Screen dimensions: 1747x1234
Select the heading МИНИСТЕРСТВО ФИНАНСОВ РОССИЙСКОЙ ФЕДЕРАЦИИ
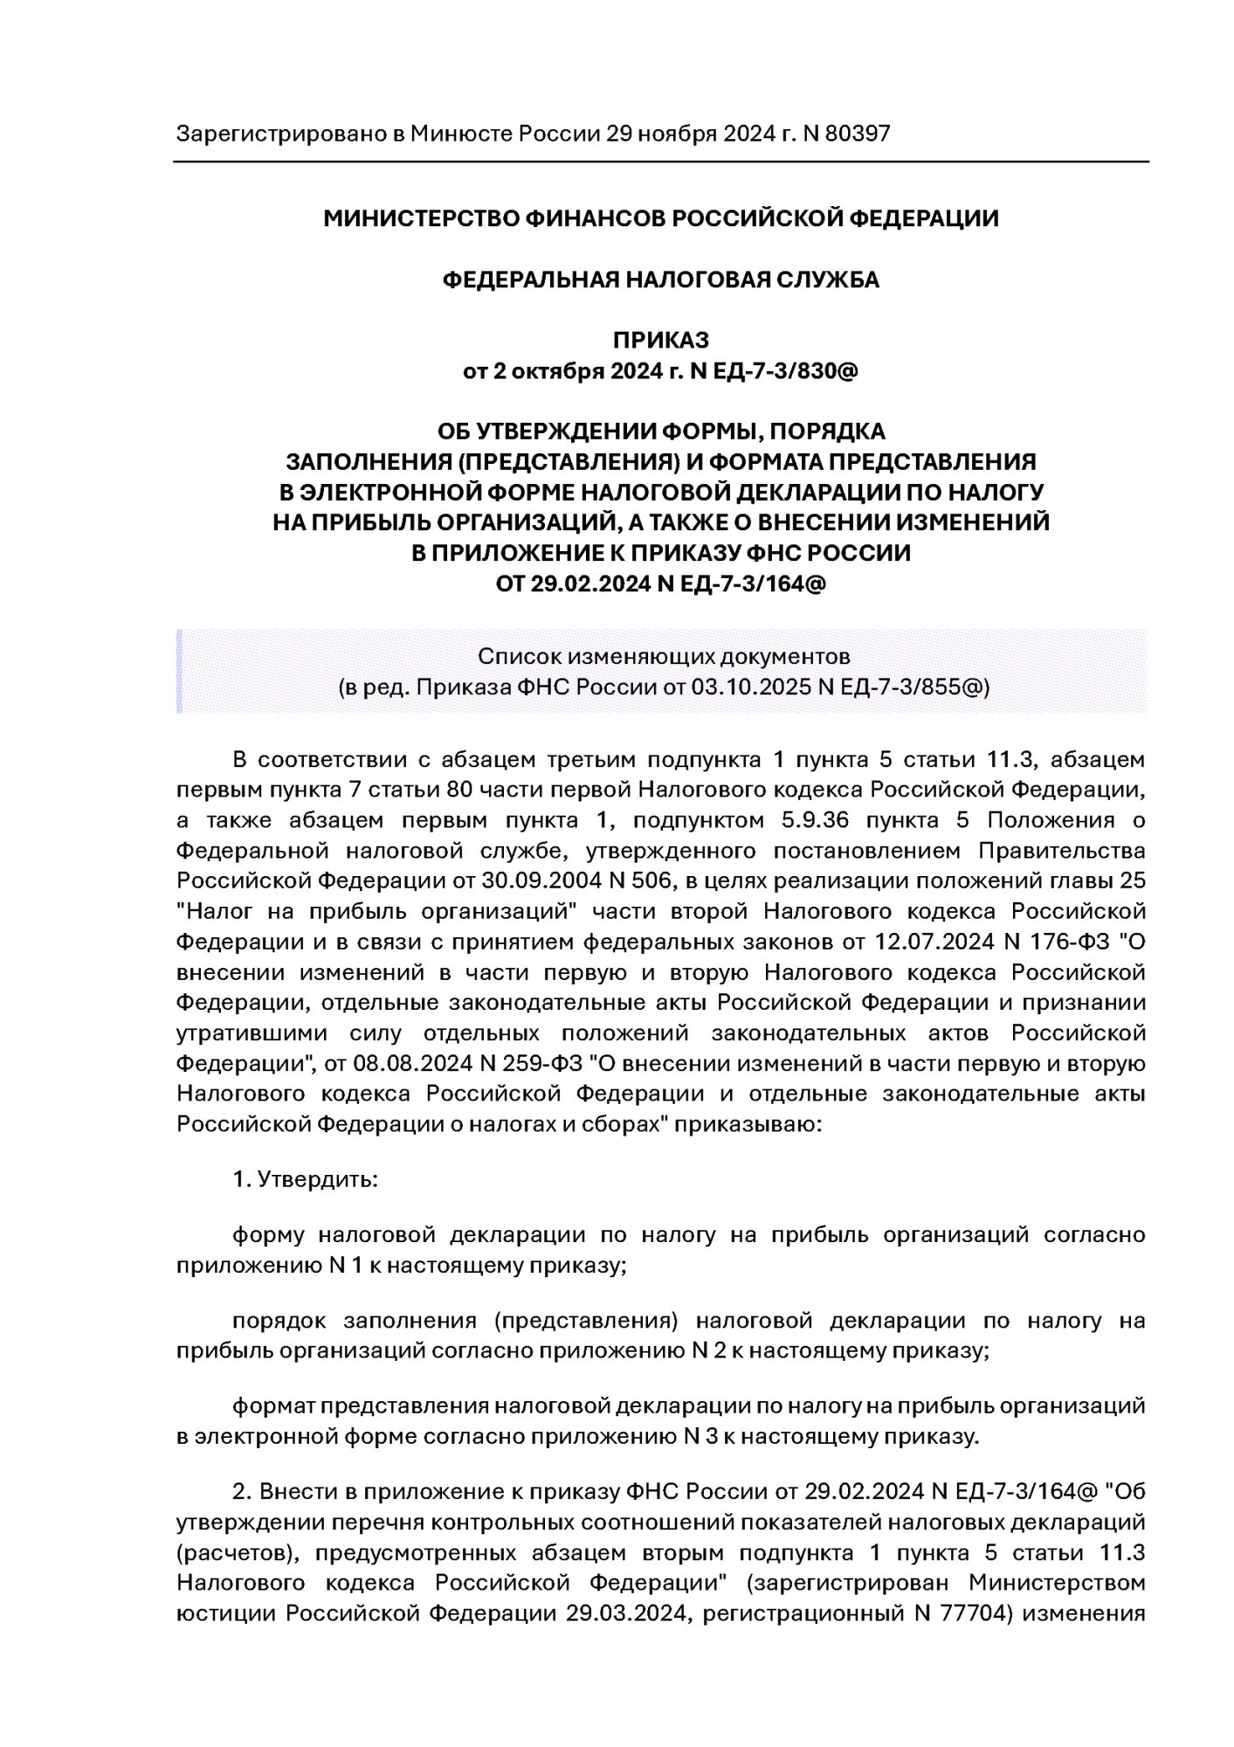coord(660,218)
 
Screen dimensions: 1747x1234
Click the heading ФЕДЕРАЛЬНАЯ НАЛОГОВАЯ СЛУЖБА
coord(660,280)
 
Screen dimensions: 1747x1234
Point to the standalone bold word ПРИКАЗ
coord(660,340)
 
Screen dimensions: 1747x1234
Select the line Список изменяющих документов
coord(663,655)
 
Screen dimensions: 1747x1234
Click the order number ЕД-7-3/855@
coord(913,687)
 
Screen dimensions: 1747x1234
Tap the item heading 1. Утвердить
coord(305,1179)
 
